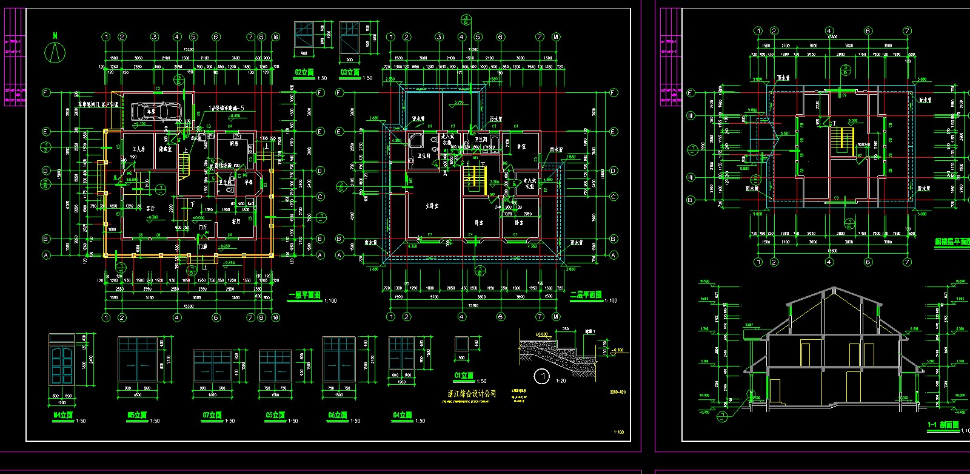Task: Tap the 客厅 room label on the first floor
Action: [x=150, y=208]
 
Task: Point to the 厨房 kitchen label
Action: [x=234, y=144]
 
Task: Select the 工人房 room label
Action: [x=138, y=149]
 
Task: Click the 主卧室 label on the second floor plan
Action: [x=432, y=206]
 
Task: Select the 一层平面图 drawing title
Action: [x=304, y=296]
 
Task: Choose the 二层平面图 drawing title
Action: [x=586, y=295]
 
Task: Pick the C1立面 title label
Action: [x=464, y=376]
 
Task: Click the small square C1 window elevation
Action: [x=462, y=344]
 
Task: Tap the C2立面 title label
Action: [x=304, y=73]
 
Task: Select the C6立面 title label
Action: [x=338, y=415]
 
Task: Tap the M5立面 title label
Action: [x=137, y=415]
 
